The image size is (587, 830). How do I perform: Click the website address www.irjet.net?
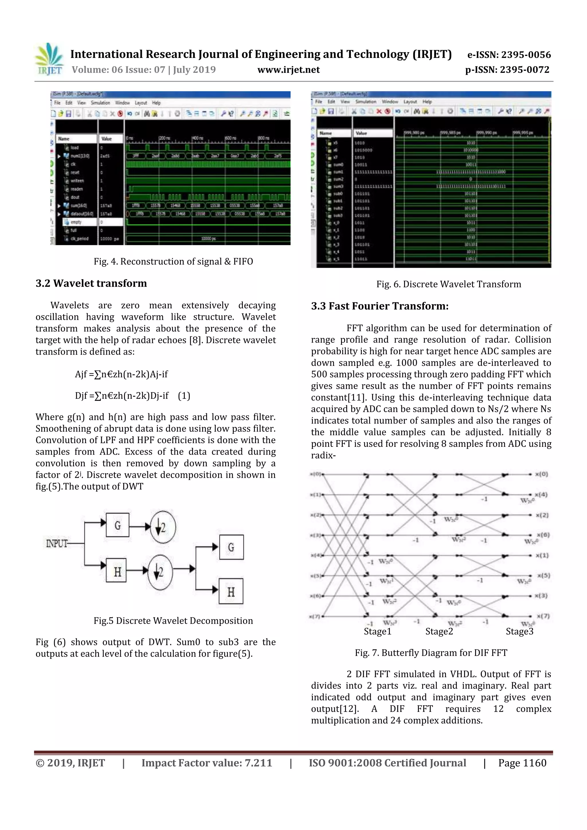pos(288,70)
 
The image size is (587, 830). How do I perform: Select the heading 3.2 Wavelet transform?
pos(91,283)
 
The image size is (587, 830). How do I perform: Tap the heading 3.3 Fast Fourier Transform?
pos(379,306)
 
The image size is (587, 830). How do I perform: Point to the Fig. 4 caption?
pos(173,261)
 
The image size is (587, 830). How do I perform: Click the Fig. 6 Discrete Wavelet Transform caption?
pos(449,284)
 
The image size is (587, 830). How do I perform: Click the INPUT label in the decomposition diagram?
pos(57,543)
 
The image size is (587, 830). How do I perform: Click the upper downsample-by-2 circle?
pos(163,527)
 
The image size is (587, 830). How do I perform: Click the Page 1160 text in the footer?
pos(522,763)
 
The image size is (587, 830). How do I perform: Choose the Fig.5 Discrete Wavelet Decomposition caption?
pos(173,621)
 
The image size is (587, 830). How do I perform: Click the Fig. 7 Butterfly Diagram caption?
pos(431,653)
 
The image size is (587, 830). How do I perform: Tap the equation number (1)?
pos(184,396)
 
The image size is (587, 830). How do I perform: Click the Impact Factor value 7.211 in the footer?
pos(206,763)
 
